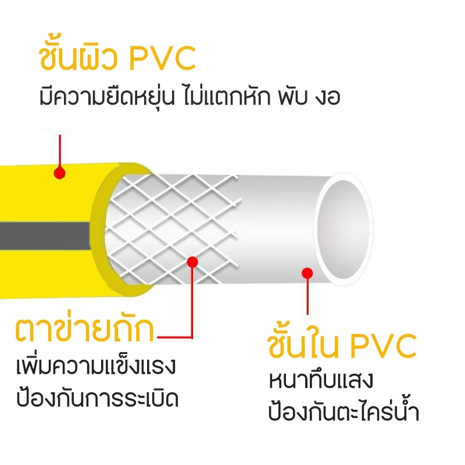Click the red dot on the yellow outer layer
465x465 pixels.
coord(60,173)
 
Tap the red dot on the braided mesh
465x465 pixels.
coord(192,262)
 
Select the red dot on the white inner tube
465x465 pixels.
coord(307,273)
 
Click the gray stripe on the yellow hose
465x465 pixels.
coord(45,236)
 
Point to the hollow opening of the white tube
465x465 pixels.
coord(343,229)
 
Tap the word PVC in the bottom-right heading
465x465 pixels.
coord(384,346)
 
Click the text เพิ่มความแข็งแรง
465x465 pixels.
coord(96,366)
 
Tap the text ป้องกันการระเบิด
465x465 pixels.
coord(97,398)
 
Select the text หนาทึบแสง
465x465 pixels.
coord(321,380)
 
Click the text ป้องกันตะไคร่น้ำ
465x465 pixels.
coord(344,411)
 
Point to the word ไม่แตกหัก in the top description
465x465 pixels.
coord(227,95)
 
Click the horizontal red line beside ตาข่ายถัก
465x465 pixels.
coord(175,337)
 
